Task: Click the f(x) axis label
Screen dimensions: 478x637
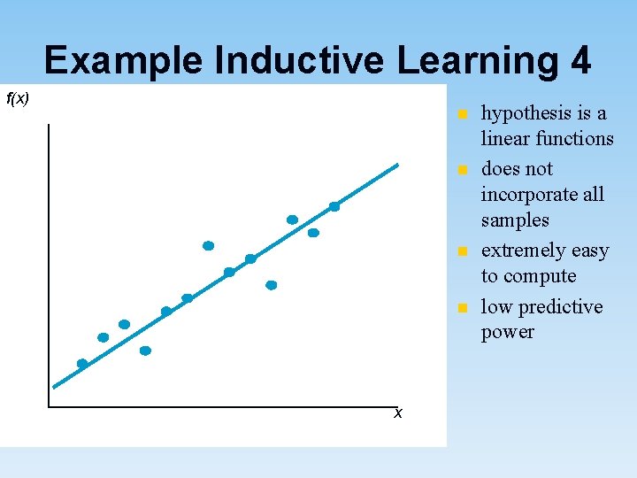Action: (18, 98)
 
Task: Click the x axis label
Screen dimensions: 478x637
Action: (398, 413)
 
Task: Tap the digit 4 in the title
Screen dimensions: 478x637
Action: (580, 61)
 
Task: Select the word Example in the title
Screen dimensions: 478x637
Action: (124, 61)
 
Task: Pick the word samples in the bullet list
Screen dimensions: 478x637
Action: (515, 220)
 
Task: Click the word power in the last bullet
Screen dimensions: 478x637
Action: (508, 333)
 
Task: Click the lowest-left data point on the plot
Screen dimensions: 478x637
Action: (82, 364)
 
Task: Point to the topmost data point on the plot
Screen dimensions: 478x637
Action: (334, 206)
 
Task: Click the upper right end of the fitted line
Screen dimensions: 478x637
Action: (397, 166)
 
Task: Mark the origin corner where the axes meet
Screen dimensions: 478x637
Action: (50, 406)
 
